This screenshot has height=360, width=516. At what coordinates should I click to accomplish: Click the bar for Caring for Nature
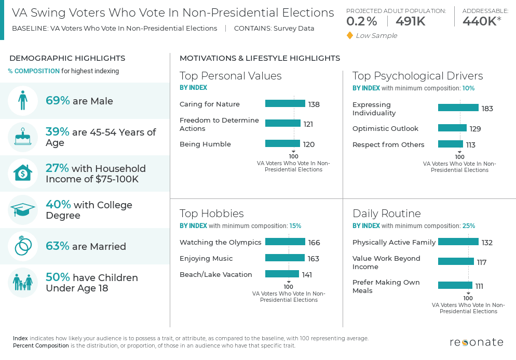tap(285, 104)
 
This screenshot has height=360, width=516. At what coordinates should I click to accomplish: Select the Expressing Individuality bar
tap(458, 108)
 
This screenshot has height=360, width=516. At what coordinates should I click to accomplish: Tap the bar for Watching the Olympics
tap(285, 242)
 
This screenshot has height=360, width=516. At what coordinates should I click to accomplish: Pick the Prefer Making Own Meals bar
tap(455, 286)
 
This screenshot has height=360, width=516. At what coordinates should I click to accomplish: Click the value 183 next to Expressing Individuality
tap(487, 109)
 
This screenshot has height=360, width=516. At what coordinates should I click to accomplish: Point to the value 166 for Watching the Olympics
tap(314, 243)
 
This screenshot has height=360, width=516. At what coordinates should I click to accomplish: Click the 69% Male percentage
tap(58, 101)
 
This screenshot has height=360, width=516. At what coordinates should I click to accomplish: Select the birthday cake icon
tap(23, 137)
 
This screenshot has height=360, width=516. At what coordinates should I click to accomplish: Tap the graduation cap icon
tap(23, 210)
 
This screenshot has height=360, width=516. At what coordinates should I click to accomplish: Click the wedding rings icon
tap(23, 246)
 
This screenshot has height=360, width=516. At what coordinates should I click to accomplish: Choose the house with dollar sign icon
tap(23, 174)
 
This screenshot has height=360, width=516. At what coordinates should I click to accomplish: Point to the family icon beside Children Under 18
tap(23, 283)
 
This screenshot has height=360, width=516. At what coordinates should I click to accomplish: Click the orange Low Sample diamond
tap(350, 35)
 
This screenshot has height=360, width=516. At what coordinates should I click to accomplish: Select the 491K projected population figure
tap(410, 21)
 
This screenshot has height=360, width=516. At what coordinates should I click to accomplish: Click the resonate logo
tap(476, 342)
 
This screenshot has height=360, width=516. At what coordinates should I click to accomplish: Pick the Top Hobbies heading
tap(211, 214)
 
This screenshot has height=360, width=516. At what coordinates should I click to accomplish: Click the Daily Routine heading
tap(386, 214)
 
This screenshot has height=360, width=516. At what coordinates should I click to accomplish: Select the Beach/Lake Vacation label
tap(216, 274)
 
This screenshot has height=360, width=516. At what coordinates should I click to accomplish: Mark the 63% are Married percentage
tap(58, 246)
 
